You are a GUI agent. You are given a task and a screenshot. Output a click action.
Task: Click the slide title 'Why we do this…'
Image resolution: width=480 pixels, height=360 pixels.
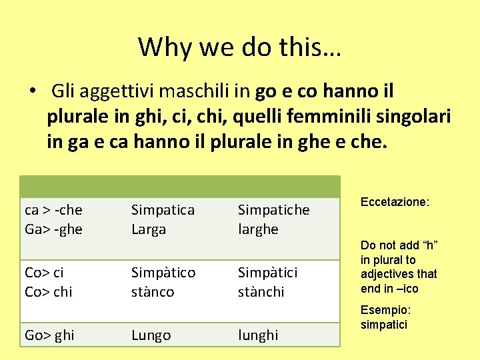[x=239, y=47]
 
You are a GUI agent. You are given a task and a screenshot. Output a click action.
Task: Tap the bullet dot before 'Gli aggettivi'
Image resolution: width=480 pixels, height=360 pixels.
[x=32, y=91]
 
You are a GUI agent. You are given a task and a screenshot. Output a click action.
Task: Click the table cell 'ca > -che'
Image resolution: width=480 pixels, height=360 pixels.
[x=53, y=210]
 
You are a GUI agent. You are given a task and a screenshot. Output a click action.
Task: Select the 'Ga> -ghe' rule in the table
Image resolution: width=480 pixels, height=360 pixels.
[x=53, y=229]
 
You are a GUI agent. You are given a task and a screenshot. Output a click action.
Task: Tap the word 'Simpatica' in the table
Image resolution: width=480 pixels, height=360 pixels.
[x=163, y=210]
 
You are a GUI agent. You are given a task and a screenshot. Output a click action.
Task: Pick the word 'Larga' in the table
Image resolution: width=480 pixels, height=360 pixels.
[x=149, y=229]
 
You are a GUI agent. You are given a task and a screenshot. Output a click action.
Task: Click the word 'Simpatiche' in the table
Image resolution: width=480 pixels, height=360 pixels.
[x=273, y=210]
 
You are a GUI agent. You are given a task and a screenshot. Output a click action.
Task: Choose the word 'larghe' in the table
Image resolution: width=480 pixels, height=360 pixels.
[x=258, y=229]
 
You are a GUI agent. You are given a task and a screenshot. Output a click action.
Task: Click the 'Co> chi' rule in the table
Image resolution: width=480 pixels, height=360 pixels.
[x=48, y=292]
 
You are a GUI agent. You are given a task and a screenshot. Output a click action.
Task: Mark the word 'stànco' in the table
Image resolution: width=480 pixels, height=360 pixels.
[x=153, y=292]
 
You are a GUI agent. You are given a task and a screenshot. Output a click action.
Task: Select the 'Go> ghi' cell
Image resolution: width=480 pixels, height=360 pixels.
[x=50, y=335]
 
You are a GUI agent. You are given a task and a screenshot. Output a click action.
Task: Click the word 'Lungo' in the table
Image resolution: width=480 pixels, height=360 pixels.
[x=151, y=335]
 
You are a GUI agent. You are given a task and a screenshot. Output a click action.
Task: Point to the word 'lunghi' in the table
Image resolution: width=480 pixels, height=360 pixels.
[x=259, y=335]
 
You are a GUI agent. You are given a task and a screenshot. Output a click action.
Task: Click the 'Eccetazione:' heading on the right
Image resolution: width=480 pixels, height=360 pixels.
[x=395, y=201]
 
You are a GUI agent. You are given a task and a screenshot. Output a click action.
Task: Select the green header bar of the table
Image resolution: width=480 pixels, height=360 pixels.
[x=180, y=186]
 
